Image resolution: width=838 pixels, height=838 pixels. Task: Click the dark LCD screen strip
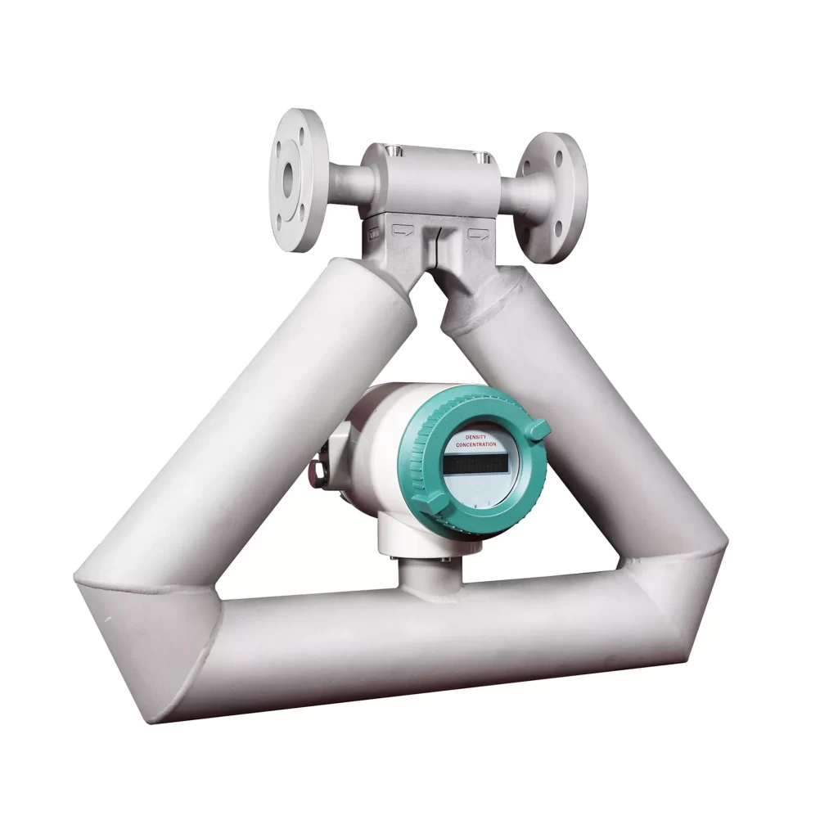(x=475, y=464)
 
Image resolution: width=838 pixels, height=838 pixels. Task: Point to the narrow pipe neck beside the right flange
(x=517, y=190)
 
